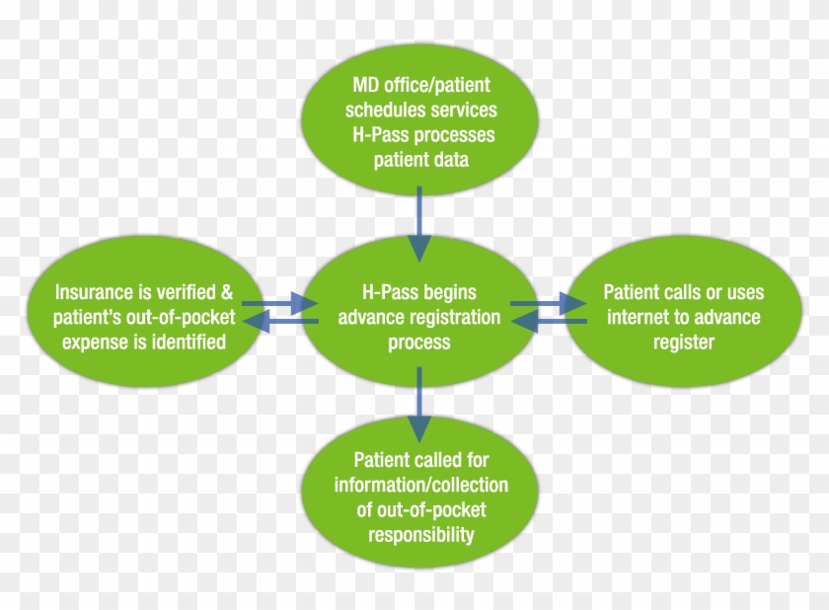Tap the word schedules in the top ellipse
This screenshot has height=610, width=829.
point(379,110)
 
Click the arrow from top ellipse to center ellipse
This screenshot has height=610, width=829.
point(419,224)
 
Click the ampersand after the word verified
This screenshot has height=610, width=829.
point(226,292)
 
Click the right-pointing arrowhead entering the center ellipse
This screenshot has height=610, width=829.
point(304,303)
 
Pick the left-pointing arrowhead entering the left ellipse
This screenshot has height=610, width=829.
point(257,321)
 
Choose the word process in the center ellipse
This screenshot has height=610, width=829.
point(419,343)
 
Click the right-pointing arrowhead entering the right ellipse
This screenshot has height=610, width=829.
point(572,303)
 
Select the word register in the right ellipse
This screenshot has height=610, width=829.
point(684,343)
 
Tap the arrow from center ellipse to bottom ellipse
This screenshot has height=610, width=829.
point(419,405)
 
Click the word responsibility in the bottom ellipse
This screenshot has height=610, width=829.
point(420,535)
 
